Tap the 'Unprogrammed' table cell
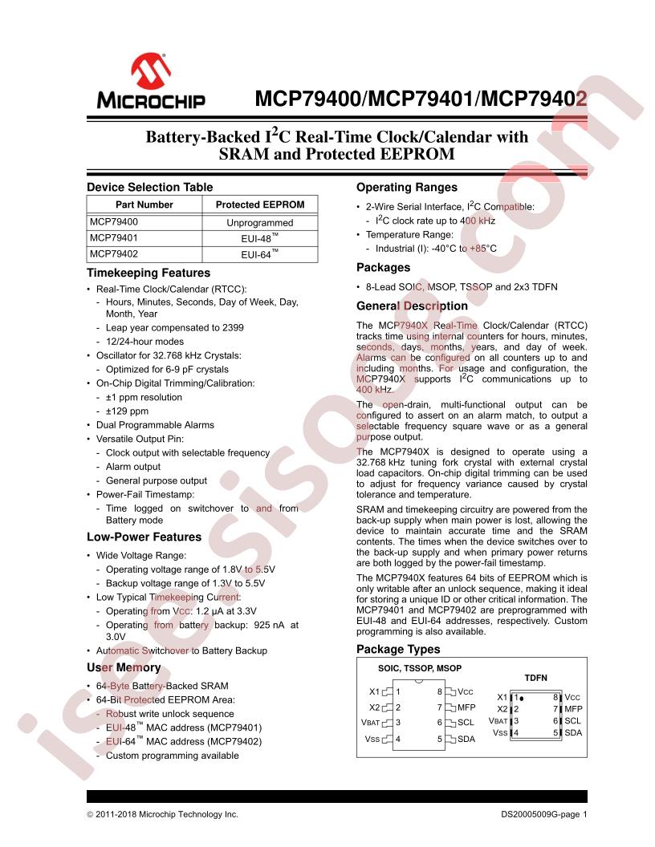click(x=260, y=221)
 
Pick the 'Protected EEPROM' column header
click(x=260, y=205)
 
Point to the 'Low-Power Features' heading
click(x=144, y=537)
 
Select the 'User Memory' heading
click(x=124, y=667)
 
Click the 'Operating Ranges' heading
click(x=406, y=187)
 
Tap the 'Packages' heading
click(x=383, y=267)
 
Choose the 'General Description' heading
click(x=412, y=306)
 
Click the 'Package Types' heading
click(x=398, y=649)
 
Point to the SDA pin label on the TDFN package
click(x=573, y=732)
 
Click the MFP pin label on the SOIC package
click(x=467, y=707)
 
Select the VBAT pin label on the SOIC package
click(x=371, y=723)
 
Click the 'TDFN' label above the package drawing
click(x=535, y=678)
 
